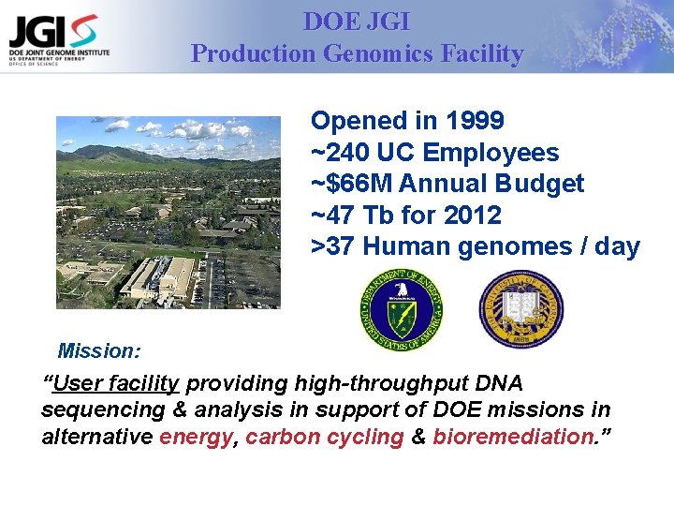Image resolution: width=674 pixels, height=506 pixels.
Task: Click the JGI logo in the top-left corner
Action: (x=58, y=38)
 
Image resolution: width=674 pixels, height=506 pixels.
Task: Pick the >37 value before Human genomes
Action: (x=332, y=247)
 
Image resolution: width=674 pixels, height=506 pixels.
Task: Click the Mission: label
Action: (x=99, y=351)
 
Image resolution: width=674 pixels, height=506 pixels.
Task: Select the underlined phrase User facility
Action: (x=116, y=383)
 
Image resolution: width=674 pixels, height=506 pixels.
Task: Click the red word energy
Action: (x=196, y=438)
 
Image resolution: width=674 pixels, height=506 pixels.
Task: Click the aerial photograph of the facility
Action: (x=168, y=212)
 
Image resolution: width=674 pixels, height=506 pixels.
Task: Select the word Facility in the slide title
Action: (x=485, y=53)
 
